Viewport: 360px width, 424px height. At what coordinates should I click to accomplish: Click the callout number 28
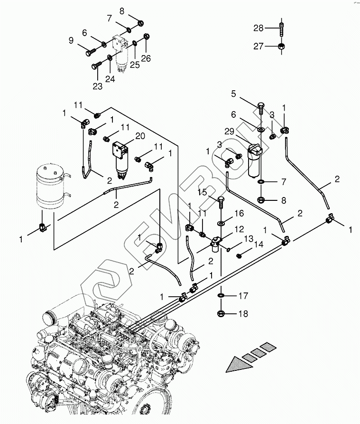[258, 28]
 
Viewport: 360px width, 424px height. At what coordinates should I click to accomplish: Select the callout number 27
[258, 46]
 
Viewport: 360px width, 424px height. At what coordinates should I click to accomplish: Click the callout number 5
[233, 94]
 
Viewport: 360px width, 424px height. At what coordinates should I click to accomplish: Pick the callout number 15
[202, 192]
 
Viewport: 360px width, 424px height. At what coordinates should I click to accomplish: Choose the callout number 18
[243, 313]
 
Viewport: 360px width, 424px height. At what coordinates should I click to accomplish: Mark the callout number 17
[243, 296]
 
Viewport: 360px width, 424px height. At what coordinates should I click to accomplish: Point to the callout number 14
[258, 245]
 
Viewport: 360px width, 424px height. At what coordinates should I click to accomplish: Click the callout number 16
[239, 213]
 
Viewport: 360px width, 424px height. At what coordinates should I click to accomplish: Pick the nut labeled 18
[222, 313]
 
